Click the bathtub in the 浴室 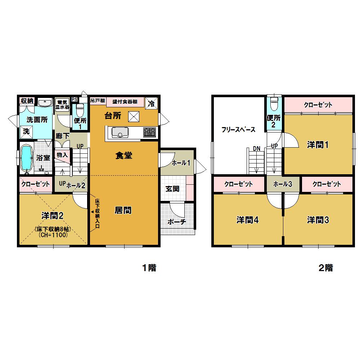click(x=26, y=158)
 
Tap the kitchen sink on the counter click(x=119, y=132)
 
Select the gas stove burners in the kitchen click(x=149, y=132)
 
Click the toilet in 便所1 click(x=80, y=108)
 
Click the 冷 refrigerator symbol click(x=151, y=104)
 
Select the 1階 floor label click(x=148, y=268)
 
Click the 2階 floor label click(x=325, y=268)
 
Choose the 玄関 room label click(x=173, y=188)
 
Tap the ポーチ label click(x=176, y=221)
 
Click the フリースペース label click(x=238, y=130)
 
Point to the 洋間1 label click(x=318, y=145)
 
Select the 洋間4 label click(x=247, y=220)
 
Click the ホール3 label click(x=282, y=184)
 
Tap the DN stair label click(x=256, y=148)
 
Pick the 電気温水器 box click(x=62, y=104)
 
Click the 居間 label click(x=123, y=210)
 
